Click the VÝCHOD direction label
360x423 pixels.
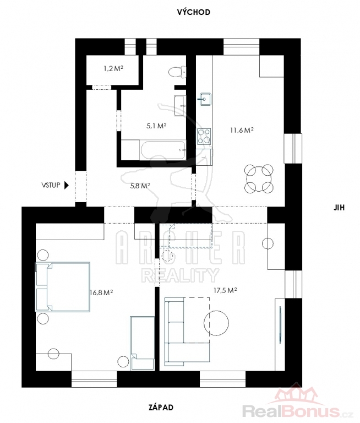[193, 12]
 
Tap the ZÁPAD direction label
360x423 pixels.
[161, 407]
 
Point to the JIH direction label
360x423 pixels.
[339, 208]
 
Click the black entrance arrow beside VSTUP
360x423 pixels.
[67, 185]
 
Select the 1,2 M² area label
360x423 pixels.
[113, 68]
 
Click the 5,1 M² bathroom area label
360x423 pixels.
[156, 126]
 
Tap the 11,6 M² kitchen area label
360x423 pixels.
[242, 131]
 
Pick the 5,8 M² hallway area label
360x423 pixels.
[140, 186]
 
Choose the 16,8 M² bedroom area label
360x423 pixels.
[101, 292]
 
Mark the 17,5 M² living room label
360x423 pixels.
[226, 290]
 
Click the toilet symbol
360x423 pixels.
[177, 72]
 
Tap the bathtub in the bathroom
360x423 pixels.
[163, 150]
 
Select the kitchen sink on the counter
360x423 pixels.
[205, 100]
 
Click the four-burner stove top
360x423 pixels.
[204, 136]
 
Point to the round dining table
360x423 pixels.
[259, 178]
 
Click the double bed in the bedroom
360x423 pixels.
[63, 287]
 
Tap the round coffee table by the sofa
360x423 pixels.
[216, 323]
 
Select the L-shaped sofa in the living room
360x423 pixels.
[187, 331]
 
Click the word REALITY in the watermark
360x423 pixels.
[180, 275]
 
